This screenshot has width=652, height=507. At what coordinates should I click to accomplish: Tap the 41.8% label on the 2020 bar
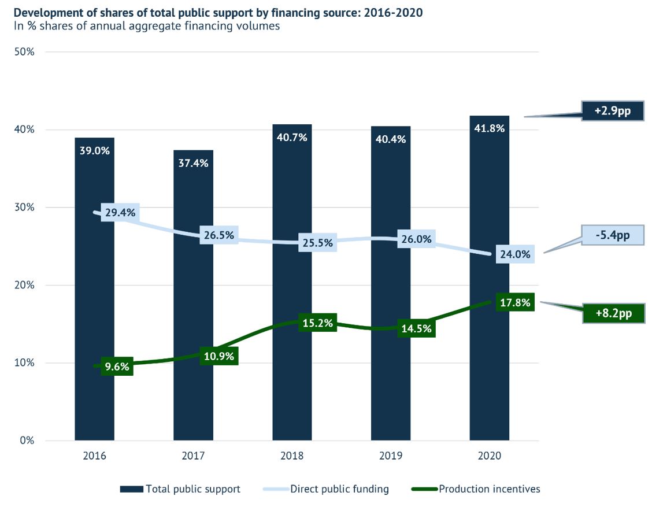489,128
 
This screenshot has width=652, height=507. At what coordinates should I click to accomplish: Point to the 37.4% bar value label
193,163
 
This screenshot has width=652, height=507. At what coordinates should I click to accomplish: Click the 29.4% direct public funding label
120,213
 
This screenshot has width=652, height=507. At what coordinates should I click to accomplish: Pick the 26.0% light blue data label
416,239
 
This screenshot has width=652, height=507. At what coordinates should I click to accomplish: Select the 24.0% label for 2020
514,254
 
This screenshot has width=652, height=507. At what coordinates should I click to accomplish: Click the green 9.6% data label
117,366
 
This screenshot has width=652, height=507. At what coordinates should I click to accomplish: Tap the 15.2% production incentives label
317,323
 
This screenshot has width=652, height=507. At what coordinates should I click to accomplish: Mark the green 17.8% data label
514,303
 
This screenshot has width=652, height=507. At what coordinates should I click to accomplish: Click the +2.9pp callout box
613,110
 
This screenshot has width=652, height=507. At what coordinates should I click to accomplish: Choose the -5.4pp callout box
613,235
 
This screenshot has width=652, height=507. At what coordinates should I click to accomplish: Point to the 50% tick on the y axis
25,51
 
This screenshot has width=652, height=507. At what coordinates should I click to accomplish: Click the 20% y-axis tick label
25,285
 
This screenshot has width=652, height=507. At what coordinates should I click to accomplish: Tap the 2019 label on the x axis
390,456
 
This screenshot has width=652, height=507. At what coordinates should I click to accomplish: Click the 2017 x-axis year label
193,456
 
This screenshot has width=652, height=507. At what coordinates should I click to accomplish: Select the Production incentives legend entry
476,489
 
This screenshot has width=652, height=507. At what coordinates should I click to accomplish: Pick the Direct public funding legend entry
327,489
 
